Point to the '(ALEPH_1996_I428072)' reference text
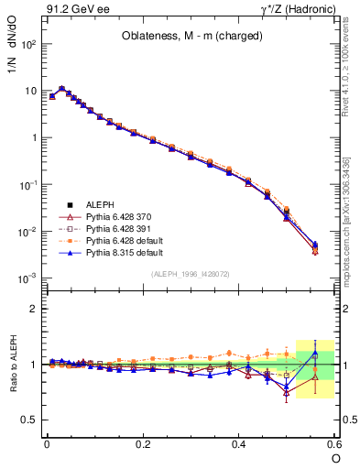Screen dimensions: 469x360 (190, 274)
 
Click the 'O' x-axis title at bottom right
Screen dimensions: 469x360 (336, 459)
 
